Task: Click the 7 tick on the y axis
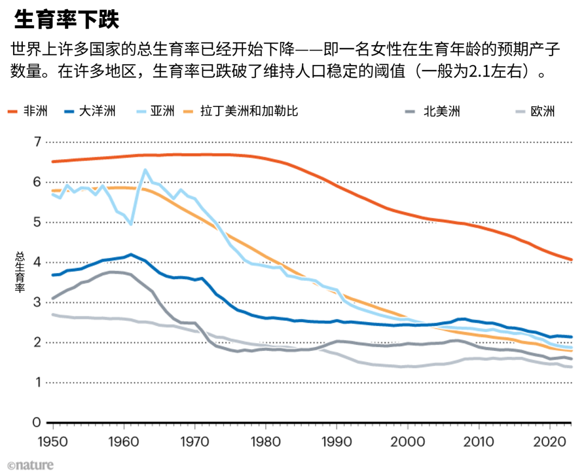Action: (x=37, y=142)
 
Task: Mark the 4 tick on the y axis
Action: (x=37, y=262)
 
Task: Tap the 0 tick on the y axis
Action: (x=37, y=422)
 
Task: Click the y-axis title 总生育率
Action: (x=20, y=272)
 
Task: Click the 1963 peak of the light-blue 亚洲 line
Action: (x=145, y=170)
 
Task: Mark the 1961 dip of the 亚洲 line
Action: (x=131, y=224)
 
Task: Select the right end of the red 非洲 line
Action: (x=571, y=259)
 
